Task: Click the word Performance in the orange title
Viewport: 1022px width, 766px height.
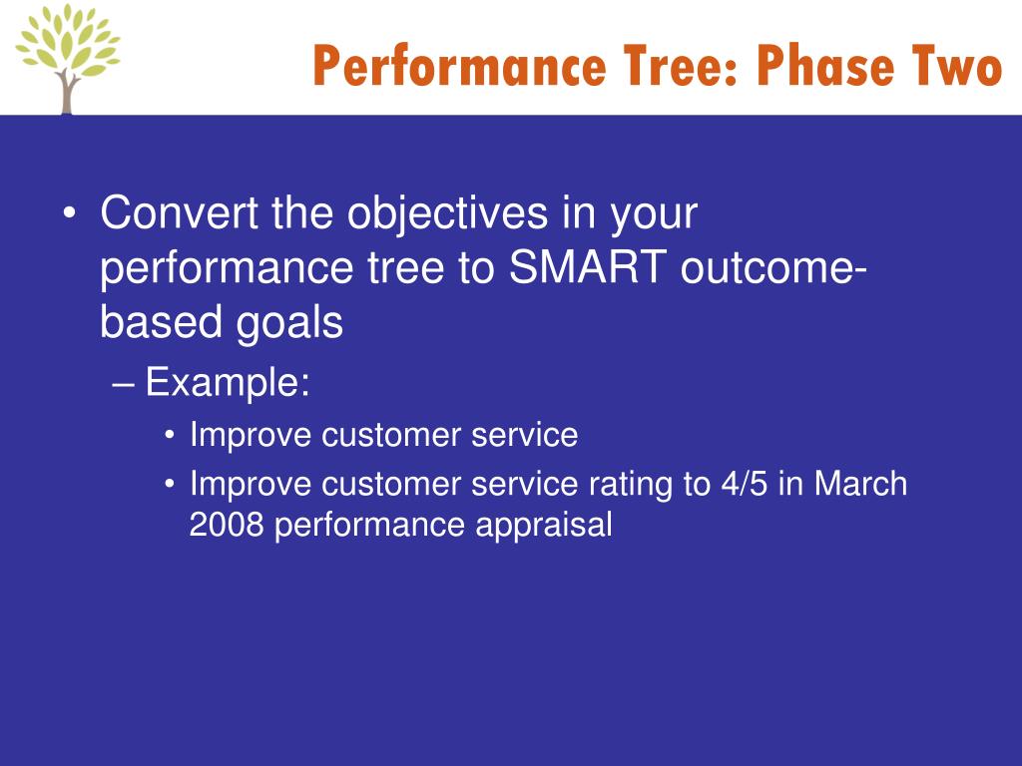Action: tap(459, 67)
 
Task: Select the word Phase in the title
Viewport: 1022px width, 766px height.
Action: tap(824, 65)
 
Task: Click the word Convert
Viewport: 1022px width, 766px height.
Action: tap(180, 213)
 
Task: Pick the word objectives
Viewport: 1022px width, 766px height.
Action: tap(447, 213)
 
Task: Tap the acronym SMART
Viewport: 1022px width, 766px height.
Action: tap(587, 267)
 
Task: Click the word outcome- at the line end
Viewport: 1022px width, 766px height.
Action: tap(773, 267)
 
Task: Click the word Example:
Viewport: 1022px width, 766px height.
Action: tap(228, 382)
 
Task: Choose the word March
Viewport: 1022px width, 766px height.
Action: tap(860, 484)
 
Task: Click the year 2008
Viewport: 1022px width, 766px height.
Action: tap(227, 525)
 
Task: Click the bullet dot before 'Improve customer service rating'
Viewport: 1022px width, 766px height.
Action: tap(170, 485)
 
